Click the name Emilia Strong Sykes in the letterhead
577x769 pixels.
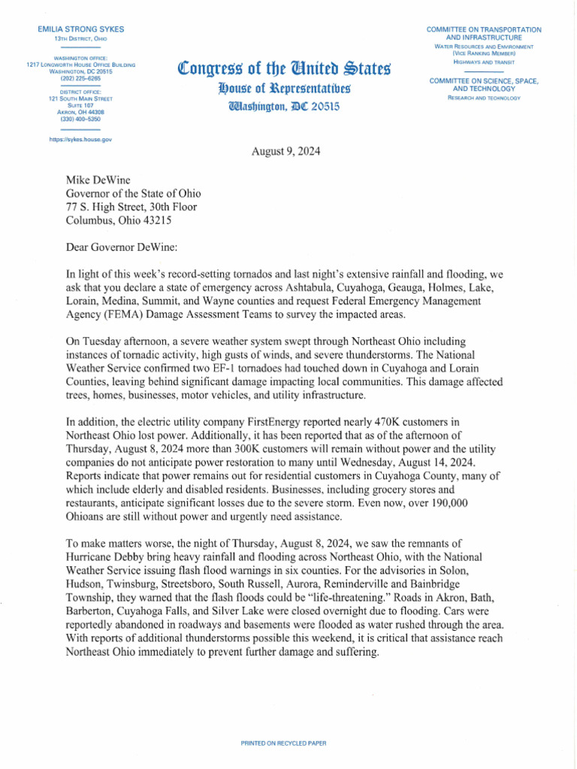click(x=80, y=29)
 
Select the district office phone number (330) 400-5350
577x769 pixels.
click(x=80, y=119)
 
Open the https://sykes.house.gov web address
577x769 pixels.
click(x=80, y=140)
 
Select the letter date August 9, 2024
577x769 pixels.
click(x=286, y=151)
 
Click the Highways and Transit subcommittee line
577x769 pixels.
click(x=483, y=62)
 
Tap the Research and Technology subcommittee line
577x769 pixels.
click(x=483, y=98)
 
